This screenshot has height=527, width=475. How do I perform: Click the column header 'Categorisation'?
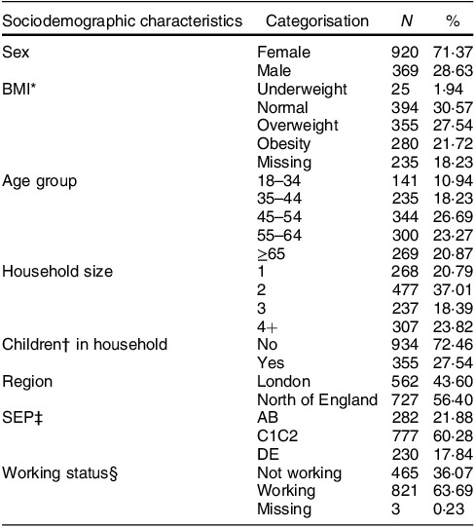pos(316,21)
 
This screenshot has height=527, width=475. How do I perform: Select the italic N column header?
pos(407,21)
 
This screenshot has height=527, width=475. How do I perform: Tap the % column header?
pos(453,21)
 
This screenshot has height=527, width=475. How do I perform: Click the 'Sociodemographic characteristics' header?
pos(122,21)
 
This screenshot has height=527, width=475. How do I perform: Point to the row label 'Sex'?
pos(16,53)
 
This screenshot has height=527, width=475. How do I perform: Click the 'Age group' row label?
pos(39,182)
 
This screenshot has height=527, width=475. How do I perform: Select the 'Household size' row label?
pos(57,272)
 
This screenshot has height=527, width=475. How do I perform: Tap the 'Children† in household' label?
pos(85,345)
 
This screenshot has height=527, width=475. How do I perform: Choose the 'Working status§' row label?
pos(59,473)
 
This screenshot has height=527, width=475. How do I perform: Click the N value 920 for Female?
pos(405,53)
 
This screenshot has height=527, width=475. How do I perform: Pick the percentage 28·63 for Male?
pos(453,71)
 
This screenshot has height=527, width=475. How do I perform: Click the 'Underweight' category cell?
pos(302,90)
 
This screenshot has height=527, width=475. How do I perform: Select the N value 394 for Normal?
pos(405,108)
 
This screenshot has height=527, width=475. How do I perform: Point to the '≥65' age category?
pos(272,254)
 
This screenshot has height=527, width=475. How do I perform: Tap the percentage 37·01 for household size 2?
pos(453,290)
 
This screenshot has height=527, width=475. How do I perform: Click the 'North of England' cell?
pos(317,400)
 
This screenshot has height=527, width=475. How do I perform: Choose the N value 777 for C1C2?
pos(405,436)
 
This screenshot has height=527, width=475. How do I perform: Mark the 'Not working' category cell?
pos(300,473)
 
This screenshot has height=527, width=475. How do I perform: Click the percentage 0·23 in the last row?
pos(449,509)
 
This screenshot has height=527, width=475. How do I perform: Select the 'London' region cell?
pos(283,382)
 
